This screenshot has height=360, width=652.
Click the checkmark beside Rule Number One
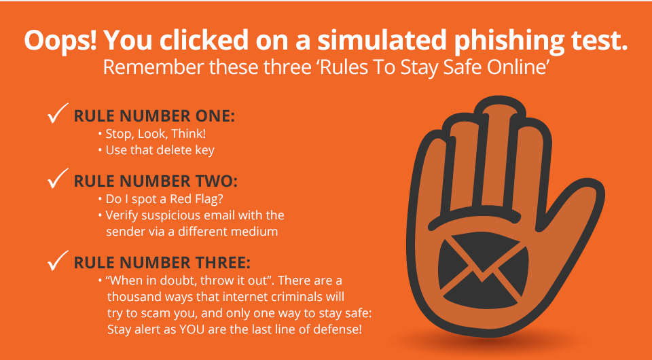57,113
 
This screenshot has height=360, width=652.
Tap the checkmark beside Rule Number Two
57,179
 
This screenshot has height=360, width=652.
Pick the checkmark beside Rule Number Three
57,261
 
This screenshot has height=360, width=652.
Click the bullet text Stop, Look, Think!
156,134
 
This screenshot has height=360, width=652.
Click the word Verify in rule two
122,216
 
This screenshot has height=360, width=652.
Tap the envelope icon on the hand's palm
483,270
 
